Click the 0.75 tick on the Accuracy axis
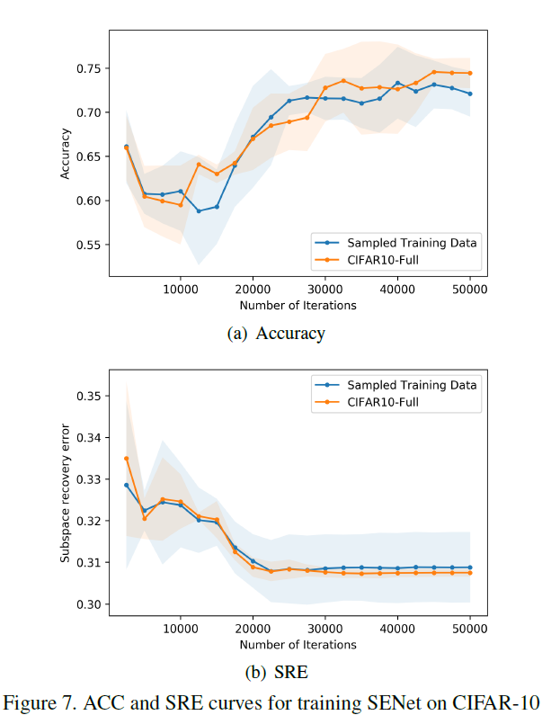(91, 68)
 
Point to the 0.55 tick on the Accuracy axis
(91, 245)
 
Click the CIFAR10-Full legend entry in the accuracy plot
(383, 261)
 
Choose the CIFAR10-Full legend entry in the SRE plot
(383, 403)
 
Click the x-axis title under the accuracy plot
(298, 305)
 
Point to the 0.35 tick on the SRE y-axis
(91, 396)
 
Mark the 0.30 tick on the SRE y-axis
(91, 604)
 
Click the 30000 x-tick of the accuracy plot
(324, 290)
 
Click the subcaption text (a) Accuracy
(277, 334)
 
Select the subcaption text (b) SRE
(277, 672)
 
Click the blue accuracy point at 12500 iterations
(199, 210)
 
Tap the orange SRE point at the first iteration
(126, 459)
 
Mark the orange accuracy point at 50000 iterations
(469, 73)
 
